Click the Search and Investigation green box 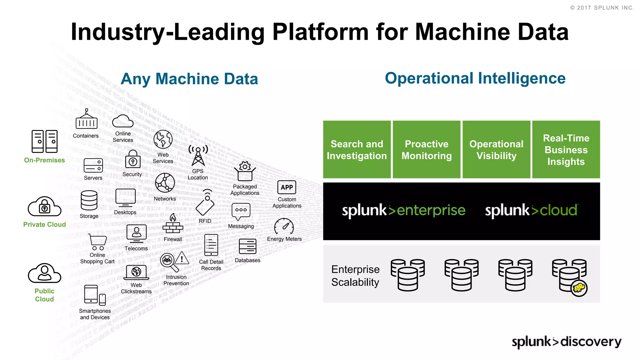pyautogui.click(x=357, y=149)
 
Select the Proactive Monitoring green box pyautogui.click(x=426, y=149)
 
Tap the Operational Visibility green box pyautogui.click(x=496, y=149)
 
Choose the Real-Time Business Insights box pyautogui.click(x=566, y=149)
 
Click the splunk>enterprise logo pyautogui.click(x=403, y=210)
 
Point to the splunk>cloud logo pyautogui.click(x=531, y=210)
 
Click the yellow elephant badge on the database pyautogui.click(x=579, y=288)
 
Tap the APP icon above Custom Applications pyautogui.click(x=287, y=187)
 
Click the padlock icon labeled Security pyautogui.click(x=133, y=160)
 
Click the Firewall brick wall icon pyautogui.click(x=173, y=224)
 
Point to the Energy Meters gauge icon pyautogui.click(x=284, y=227)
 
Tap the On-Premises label pyautogui.click(x=44, y=160)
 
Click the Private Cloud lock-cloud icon pyautogui.click(x=44, y=207)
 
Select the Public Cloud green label pyautogui.click(x=44, y=295)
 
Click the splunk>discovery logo pyautogui.click(x=566, y=342)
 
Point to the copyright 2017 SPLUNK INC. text pyautogui.click(x=602, y=8)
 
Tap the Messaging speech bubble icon pyautogui.click(x=241, y=211)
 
